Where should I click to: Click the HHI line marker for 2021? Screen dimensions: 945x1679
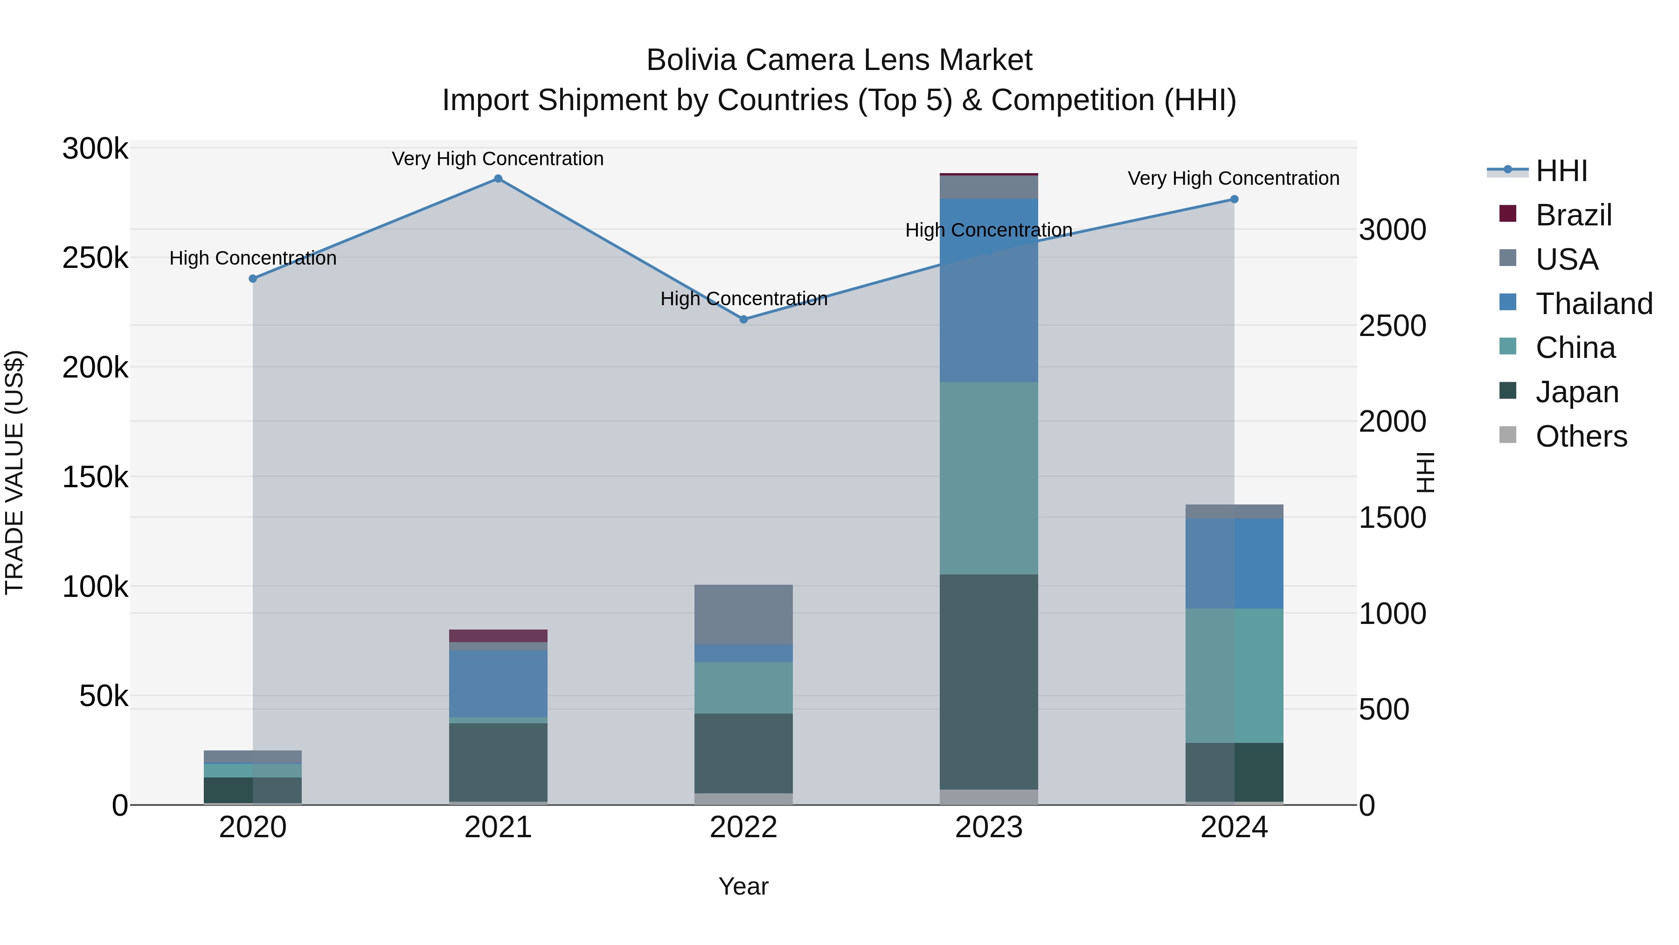[498, 179]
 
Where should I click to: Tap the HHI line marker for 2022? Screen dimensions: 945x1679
[744, 320]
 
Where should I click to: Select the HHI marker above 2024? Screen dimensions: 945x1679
[1234, 200]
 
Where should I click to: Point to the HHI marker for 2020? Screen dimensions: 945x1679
[253, 279]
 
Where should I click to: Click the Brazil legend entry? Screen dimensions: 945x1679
[1572, 215]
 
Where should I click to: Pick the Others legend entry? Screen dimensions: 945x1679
[1580, 436]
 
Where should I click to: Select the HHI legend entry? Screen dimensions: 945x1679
[1561, 171]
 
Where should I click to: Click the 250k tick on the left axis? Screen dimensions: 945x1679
[95, 258]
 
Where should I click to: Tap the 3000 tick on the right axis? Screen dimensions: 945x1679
[1392, 230]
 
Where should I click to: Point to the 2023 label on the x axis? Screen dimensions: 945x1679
[989, 827]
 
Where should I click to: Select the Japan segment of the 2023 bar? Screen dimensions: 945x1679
[989, 681]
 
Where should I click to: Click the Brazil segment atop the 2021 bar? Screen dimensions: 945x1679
[498, 636]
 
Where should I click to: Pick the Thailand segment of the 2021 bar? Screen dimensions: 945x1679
[498, 684]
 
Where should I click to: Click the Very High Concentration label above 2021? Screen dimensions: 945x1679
[498, 159]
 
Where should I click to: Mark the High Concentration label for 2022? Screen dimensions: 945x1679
[744, 299]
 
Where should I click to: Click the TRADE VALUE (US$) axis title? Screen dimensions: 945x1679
[14, 472]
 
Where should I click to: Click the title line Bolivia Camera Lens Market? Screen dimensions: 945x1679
[839, 60]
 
